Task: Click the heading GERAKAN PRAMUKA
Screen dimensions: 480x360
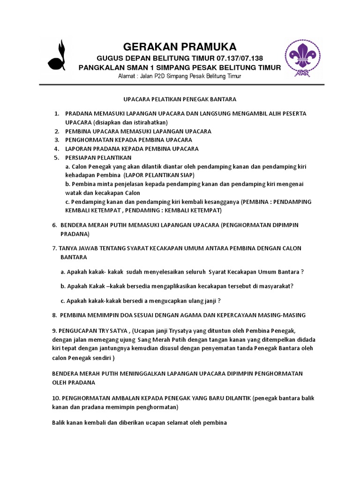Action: tap(180, 46)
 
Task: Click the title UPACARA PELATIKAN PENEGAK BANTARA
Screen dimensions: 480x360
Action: tap(180, 99)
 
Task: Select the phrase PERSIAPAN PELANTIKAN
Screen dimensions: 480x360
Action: tap(98, 157)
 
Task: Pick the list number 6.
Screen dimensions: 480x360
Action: tap(54, 225)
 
